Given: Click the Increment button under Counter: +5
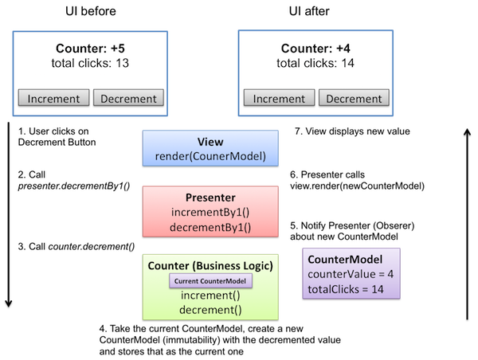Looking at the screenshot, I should click(53, 99).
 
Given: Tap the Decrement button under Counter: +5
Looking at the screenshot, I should click(129, 99).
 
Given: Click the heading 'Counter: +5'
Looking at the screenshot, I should click(91, 48).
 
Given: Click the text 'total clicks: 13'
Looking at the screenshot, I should click(91, 62).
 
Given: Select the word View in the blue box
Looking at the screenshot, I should click(210, 142).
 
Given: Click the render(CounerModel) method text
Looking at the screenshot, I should click(210, 156).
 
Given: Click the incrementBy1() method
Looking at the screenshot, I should click(210, 213).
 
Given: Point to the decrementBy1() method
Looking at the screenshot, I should click(210, 227).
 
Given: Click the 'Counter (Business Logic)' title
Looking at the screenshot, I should click(210, 265).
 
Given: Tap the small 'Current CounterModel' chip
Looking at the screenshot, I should click(210, 280).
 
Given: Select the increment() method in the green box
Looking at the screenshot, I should click(210, 295).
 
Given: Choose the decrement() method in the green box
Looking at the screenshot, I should click(210, 310).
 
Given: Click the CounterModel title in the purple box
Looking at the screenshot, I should click(345, 260).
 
